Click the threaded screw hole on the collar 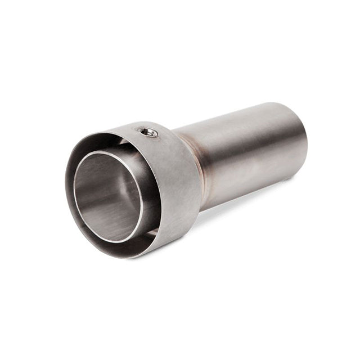pyautogui.click(x=148, y=132)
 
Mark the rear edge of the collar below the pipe pyautogui.click(x=197, y=214)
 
